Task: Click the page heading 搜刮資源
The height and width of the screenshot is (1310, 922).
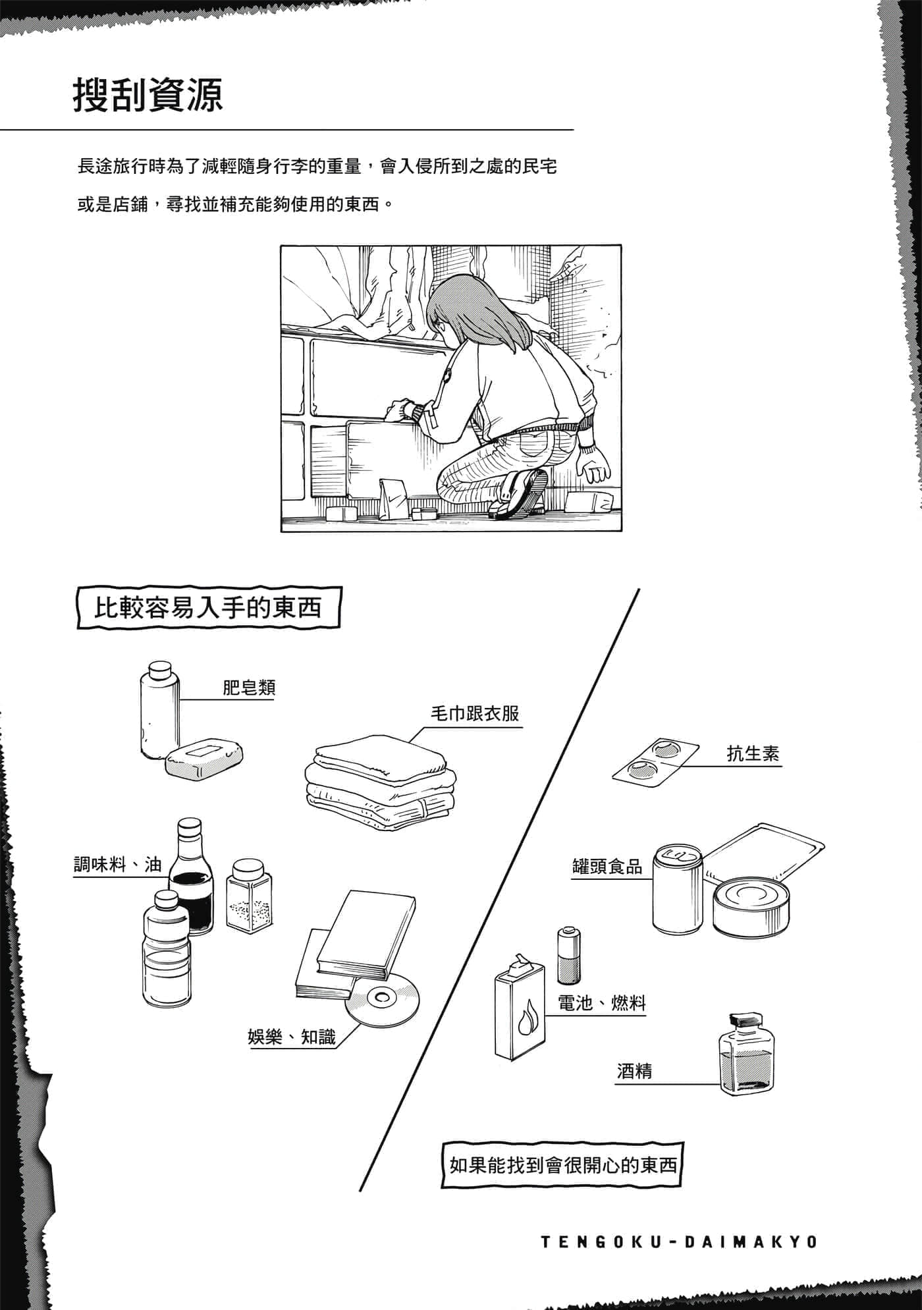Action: [148, 95]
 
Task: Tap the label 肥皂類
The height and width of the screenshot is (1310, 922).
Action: [249, 688]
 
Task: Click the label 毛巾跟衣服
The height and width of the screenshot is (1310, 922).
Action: [475, 713]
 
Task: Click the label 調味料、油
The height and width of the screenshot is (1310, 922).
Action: [117, 864]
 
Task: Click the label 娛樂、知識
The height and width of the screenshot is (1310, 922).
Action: [292, 1037]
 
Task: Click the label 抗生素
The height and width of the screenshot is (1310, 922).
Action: [753, 753]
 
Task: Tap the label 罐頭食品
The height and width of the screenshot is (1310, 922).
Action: [607, 867]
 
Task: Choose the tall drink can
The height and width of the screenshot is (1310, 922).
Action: [677, 888]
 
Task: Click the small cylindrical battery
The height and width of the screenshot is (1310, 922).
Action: [568, 956]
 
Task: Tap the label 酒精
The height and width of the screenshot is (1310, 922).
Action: [635, 1072]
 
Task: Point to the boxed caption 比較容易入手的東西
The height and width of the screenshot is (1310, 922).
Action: [209, 606]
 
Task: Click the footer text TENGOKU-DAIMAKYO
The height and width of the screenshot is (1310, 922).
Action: [679, 1242]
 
